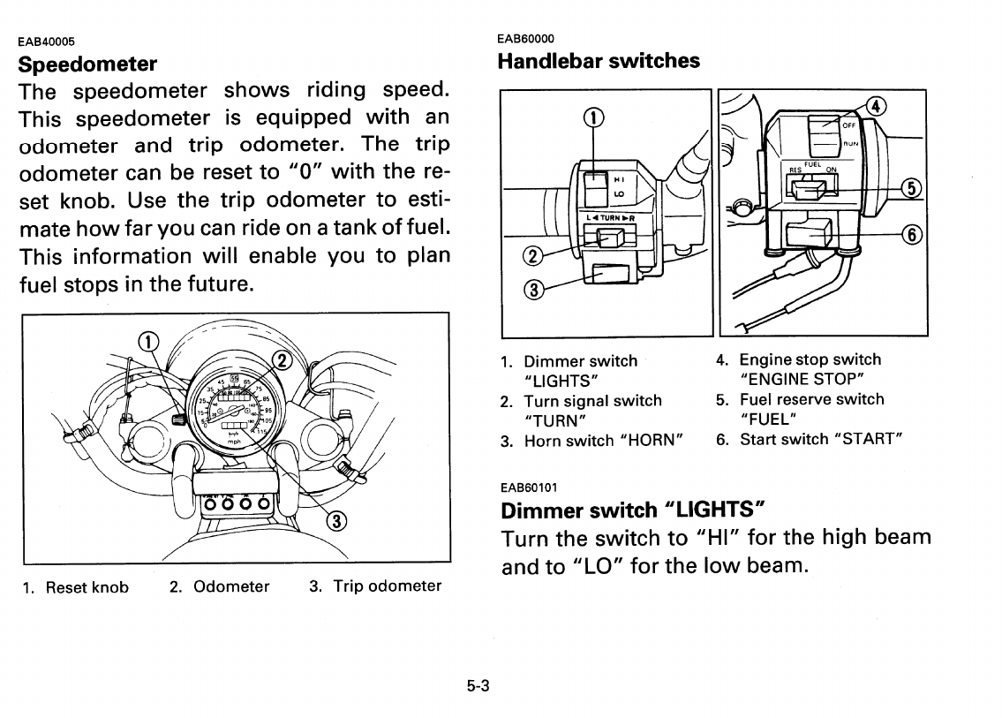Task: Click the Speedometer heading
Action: (x=88, y=64)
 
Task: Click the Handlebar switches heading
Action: (x=599, y=61)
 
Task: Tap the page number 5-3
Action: (x=478, y=685)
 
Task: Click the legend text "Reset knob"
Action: (x=87, y=587)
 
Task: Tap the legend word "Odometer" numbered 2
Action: (x=231, y=586)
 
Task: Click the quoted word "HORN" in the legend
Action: (x=657, y=440)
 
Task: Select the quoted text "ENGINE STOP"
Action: (x=802, y=379)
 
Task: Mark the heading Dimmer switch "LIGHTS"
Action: (x=631, y=510)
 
